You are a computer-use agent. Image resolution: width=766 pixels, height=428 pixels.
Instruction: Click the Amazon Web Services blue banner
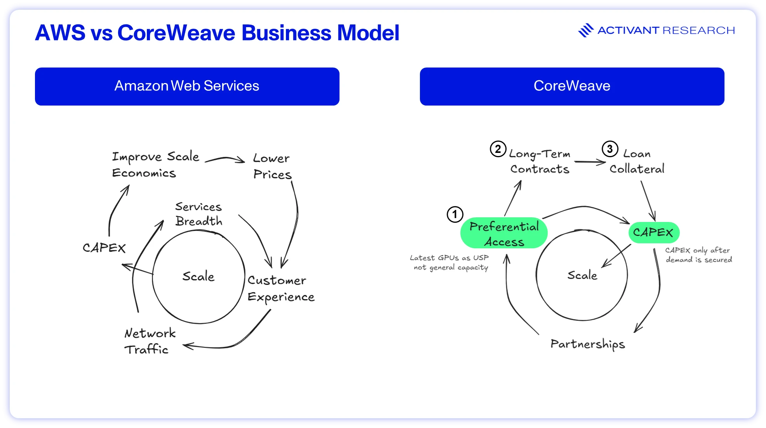tap(187, 86)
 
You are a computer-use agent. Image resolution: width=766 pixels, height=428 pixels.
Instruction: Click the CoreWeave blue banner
tap(572, 86)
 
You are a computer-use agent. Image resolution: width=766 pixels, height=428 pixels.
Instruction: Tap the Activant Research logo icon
tap(586, 30)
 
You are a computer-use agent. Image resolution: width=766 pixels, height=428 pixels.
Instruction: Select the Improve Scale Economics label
tap(155, 165)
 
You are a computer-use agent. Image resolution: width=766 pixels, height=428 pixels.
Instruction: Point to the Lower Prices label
tap(272, 166)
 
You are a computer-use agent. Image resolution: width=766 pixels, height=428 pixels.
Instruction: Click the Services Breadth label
tap(198, 214)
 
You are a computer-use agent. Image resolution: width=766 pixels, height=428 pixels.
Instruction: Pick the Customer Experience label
tap(281, 289)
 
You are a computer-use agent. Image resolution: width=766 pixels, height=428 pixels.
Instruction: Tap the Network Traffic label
tap(150, 341)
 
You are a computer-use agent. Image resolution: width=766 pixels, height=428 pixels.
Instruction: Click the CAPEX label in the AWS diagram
tap(104, 248)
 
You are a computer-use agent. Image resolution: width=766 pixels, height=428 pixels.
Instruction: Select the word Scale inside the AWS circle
tap(198, 276)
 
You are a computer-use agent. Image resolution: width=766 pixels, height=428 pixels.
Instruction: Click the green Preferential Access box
tap(504, 233)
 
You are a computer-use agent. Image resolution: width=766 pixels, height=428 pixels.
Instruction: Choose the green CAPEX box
tap(654, 232)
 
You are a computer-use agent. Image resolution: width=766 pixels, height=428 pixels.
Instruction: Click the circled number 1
tap(455, 214)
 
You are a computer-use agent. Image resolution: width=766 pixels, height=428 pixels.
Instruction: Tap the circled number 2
tap(498, 149)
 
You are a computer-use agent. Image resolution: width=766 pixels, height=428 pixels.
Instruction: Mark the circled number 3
tap(610, 149)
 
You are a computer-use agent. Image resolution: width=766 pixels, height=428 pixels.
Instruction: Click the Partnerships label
tap(588, 344)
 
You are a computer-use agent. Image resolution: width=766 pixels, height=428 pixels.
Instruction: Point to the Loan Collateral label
tap(637, 161)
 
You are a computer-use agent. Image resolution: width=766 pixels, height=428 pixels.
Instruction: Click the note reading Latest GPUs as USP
tap(449, 258)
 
